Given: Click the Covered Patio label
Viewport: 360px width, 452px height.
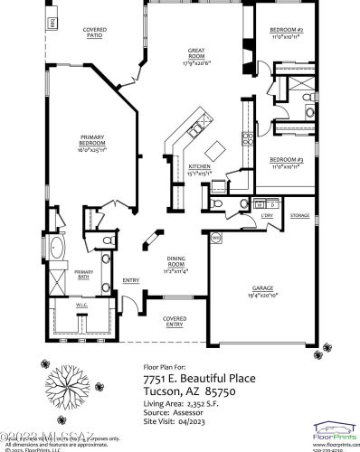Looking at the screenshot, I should pyautogui.click(x=95, y=33).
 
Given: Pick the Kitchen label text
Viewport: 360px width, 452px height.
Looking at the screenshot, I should pyautogui.click(x=199, y=167).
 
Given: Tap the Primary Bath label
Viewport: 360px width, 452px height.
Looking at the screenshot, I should pyautogui.click(x=84, y=275).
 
